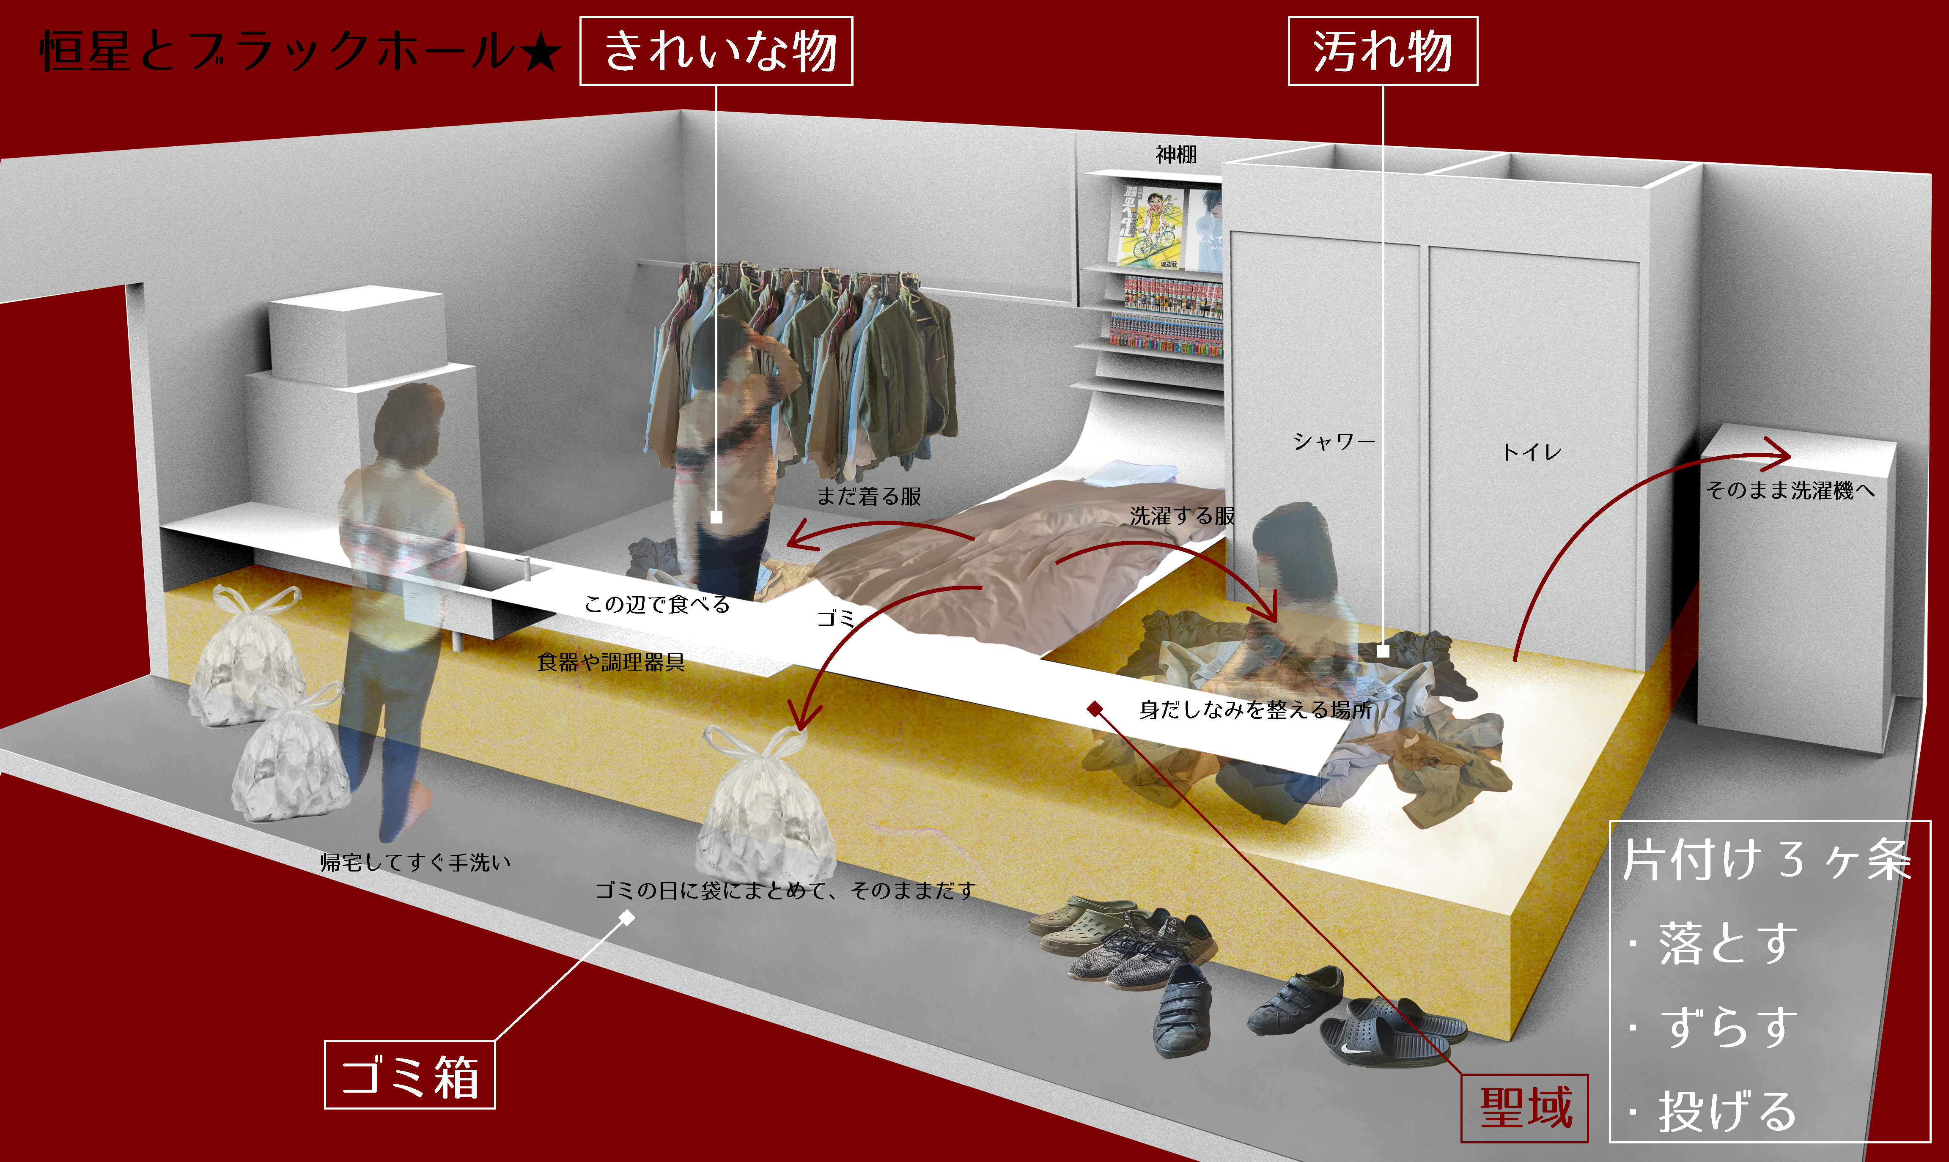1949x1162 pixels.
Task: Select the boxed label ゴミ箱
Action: tap(409, 1075)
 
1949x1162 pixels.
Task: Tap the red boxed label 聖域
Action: tap(1525, 1108)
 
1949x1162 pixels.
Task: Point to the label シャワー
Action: tap(1334, 442)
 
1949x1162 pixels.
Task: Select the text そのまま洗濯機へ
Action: tap(1790, 491)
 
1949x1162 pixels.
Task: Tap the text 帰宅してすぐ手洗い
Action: tap(415, 862)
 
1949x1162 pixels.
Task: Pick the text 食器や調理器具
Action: tap(611, 663)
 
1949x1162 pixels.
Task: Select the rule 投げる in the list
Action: tap(1727, 1112)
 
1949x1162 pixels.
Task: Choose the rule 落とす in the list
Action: tap(1727, 943)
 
